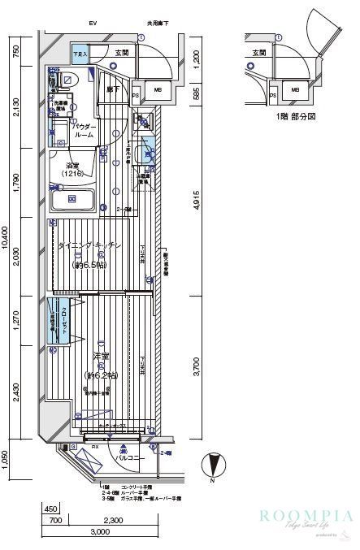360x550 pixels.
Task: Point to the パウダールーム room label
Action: (84, 132)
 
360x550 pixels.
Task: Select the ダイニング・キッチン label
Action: (89, 245)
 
